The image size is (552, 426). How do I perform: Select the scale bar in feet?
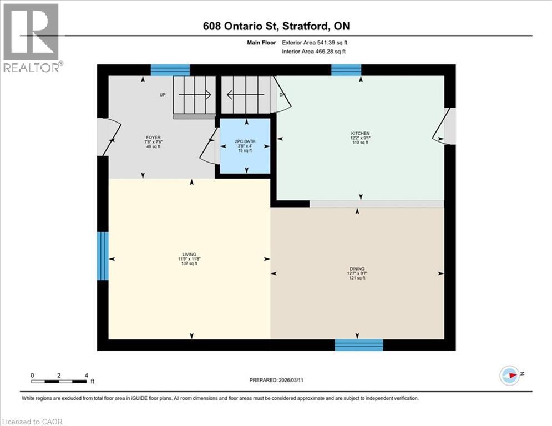59,381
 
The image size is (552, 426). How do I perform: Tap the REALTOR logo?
33,37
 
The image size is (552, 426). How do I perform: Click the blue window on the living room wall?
103,256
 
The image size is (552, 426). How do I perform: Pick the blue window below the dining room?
359,345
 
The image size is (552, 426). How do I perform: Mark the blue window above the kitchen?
346,70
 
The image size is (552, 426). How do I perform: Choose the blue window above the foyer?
170,70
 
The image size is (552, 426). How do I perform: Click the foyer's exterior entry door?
107,137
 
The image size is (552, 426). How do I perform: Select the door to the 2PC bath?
210,146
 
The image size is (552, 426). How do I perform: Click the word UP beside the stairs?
163,95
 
